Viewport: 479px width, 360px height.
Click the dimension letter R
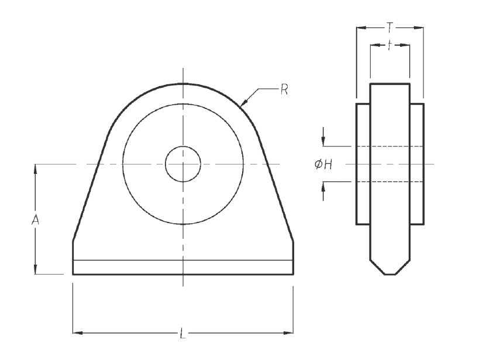coord(284,90)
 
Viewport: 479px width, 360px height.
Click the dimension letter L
coord(182,334)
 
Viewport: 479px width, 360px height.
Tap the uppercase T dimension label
coord(390,26)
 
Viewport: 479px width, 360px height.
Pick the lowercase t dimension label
coord(390,45)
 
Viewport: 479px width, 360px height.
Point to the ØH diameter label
coord(323,165)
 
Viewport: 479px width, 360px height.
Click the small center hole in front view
coord(182,164)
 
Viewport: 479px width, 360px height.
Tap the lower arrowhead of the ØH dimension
coord(323,187)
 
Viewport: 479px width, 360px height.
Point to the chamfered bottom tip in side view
coord(390,273)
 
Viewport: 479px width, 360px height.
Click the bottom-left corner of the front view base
coord(73,274)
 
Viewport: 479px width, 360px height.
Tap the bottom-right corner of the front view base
coord(293,274)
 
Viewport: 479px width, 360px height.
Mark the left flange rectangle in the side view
coord(363,164)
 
